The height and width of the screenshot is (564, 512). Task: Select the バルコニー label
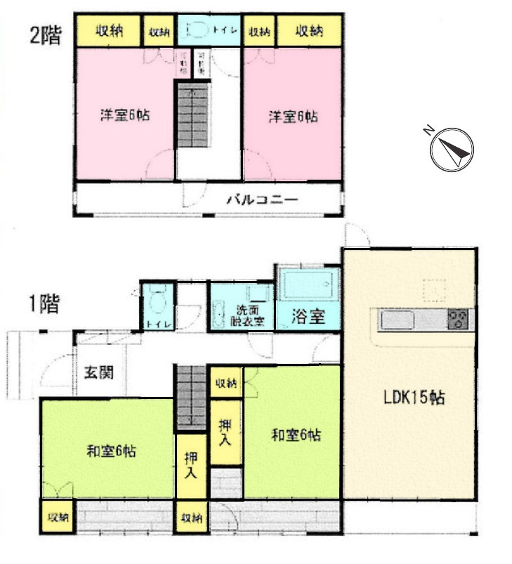click(261, 200)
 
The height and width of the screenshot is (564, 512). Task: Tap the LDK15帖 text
click(413, 398)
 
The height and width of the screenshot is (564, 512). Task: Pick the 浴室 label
click(308, 316)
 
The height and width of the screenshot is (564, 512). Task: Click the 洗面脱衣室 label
click(249, 316)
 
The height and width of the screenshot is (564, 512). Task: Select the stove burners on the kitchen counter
click(458, 321)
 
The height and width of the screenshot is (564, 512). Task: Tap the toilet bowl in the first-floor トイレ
click(157, 303)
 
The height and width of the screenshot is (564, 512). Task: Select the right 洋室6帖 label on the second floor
click(292, 116)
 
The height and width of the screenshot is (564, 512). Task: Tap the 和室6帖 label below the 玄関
click(111, 452)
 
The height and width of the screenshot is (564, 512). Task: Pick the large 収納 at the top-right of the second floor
click(309, 30)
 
